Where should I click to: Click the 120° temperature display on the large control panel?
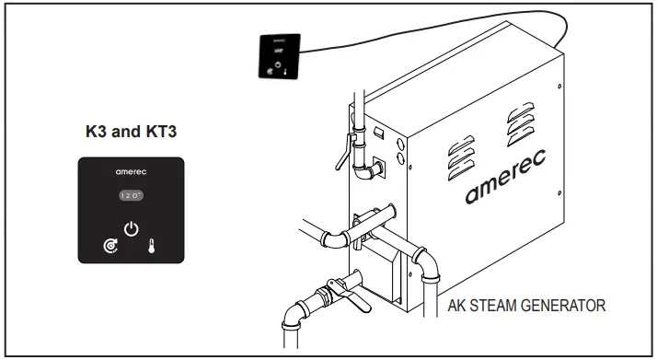tap(131, 195)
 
